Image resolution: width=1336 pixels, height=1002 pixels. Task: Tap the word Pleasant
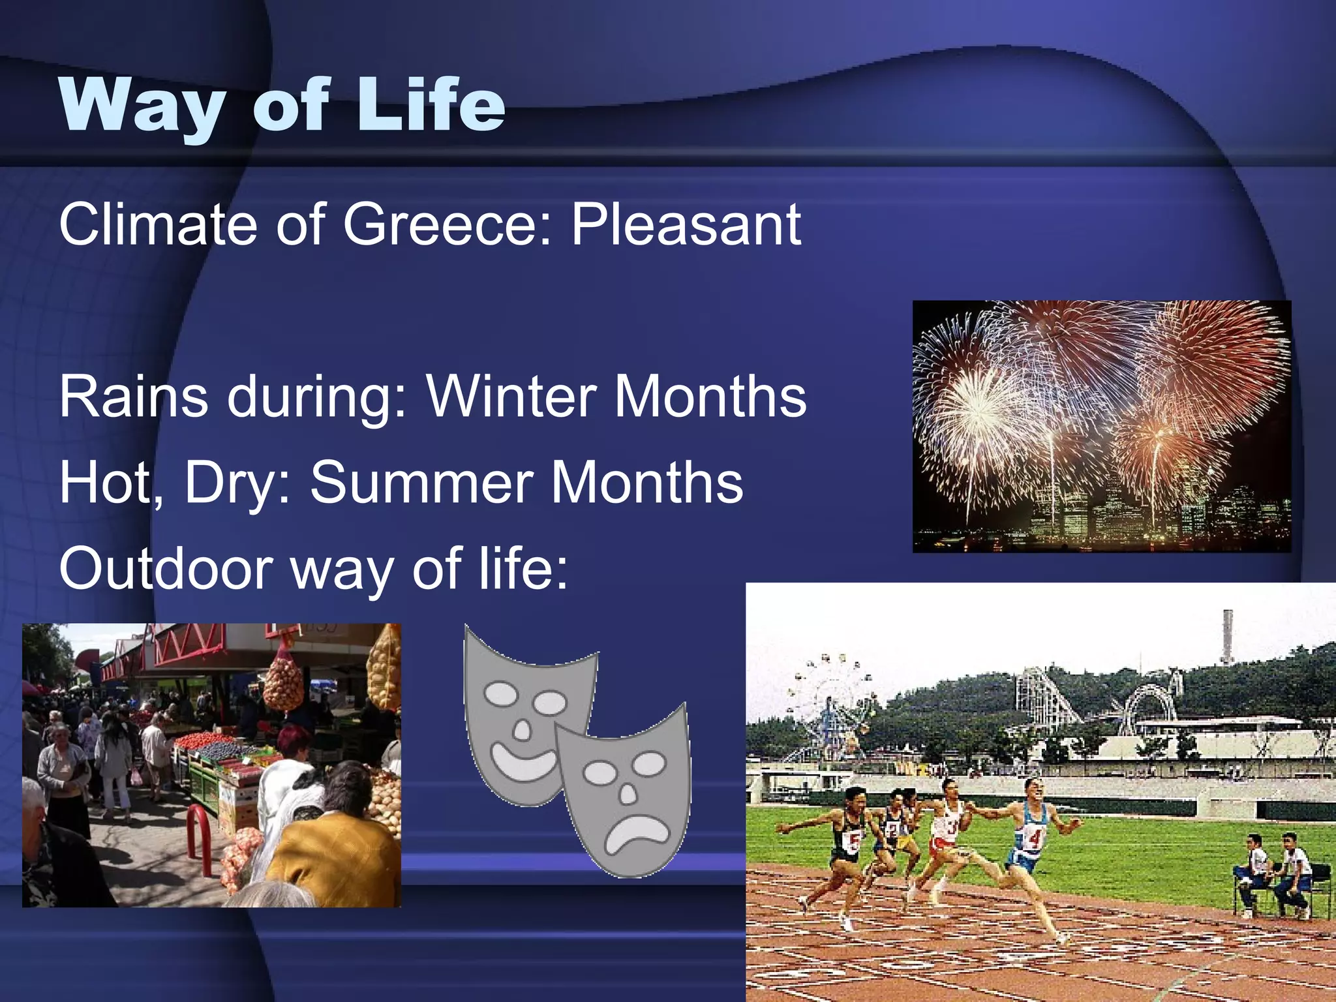tap(685, 225)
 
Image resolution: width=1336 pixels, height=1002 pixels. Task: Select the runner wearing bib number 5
tap(848, 842)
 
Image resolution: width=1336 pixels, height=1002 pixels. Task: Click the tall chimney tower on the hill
tap(1228, 636)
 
